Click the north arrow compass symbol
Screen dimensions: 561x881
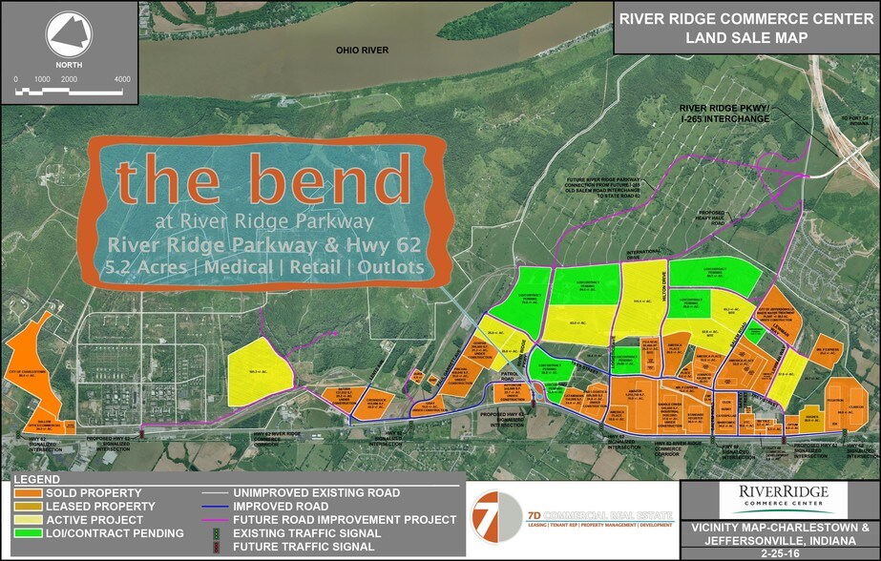click(69, 37)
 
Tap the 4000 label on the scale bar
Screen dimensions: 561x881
click(121, 79)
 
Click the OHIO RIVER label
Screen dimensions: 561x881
click(359, 49)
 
